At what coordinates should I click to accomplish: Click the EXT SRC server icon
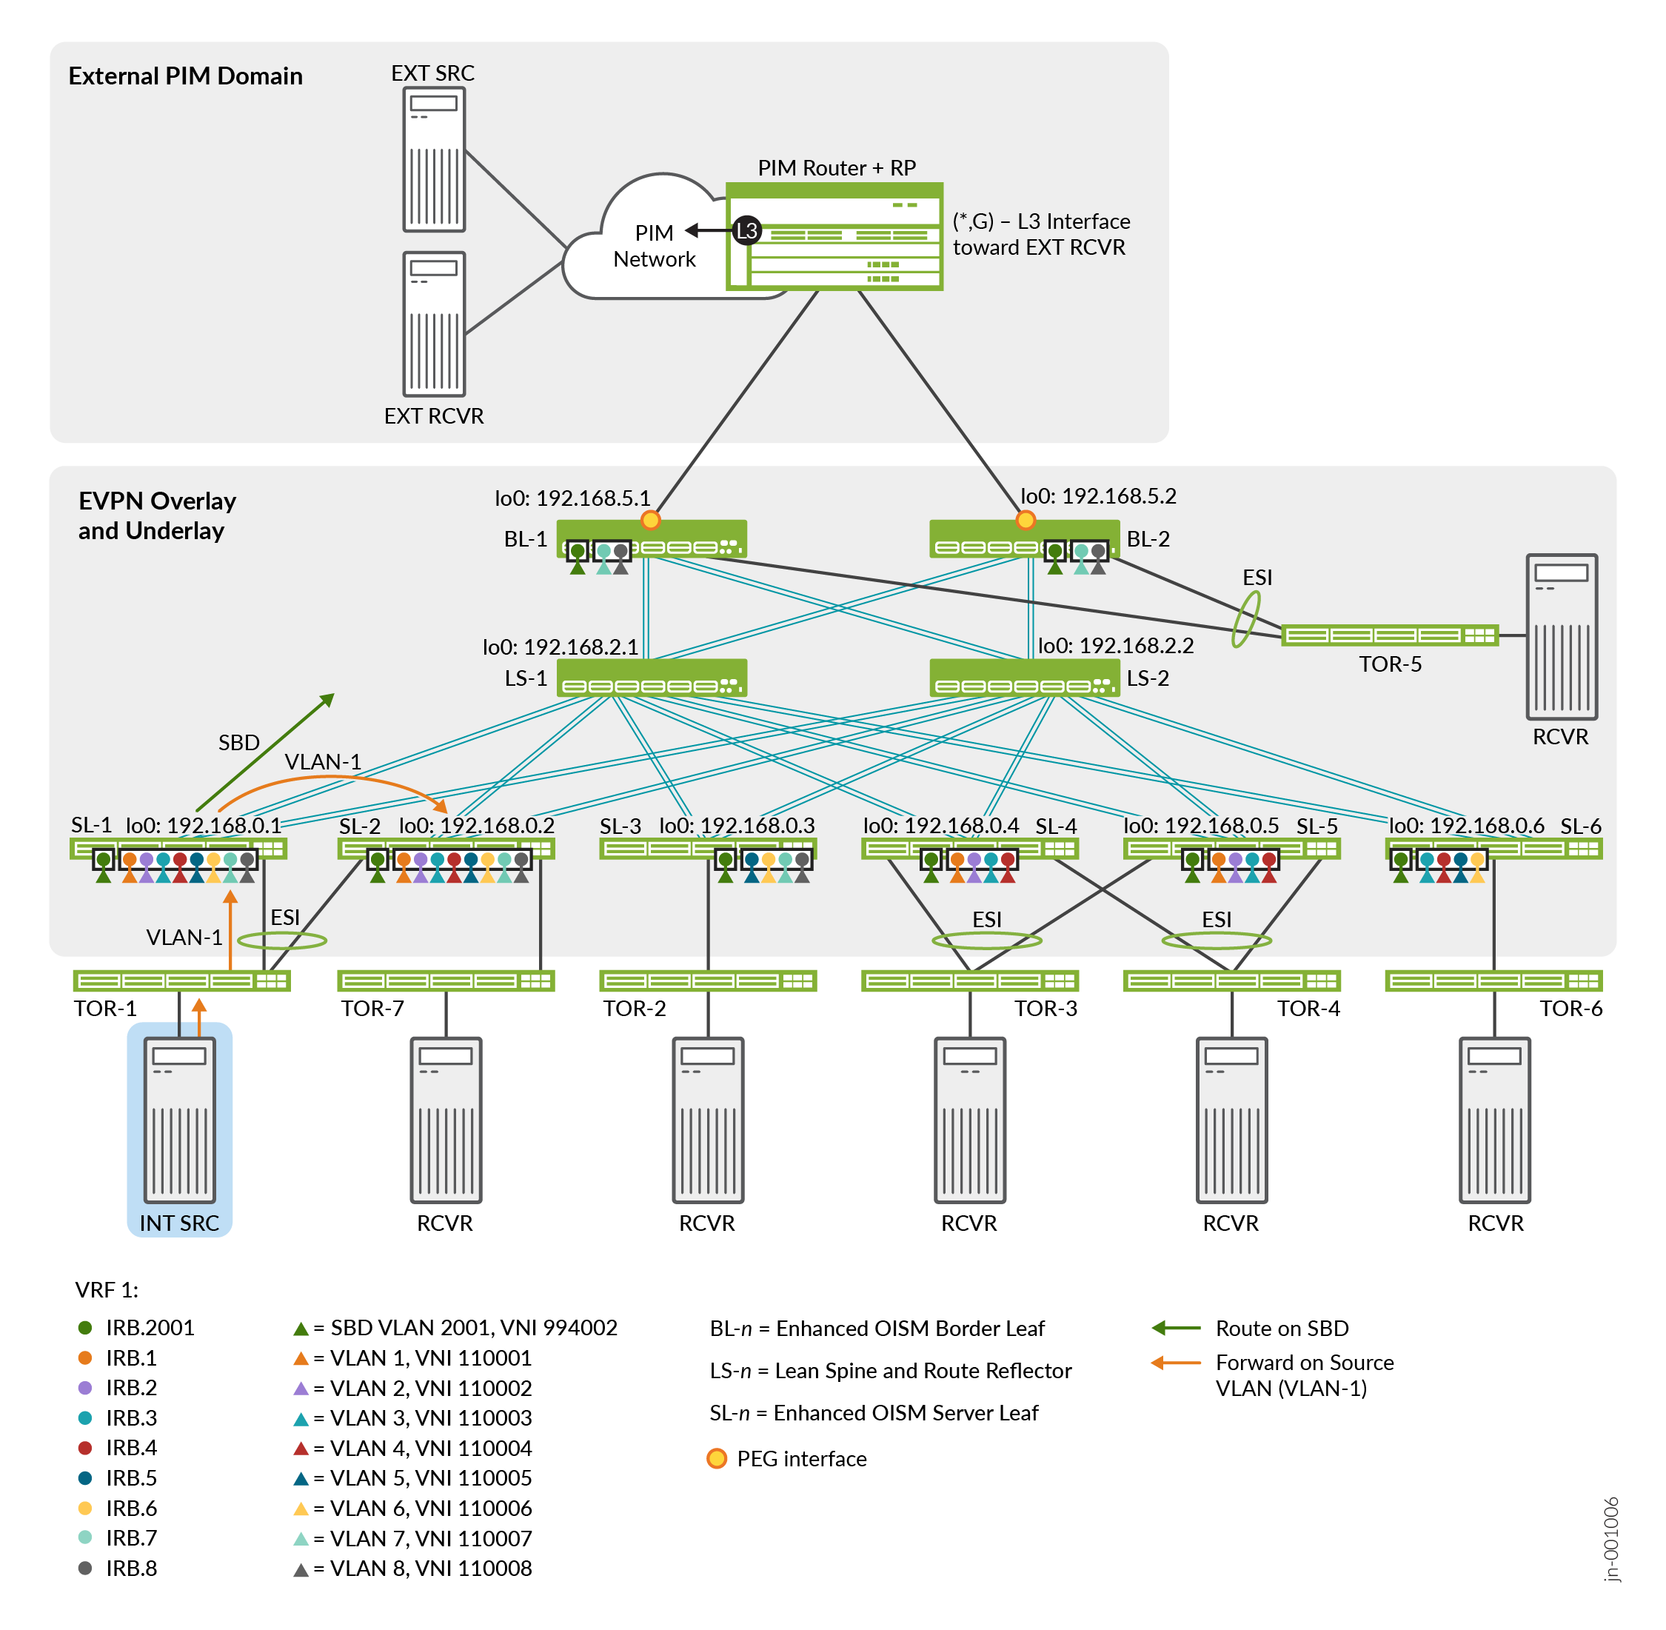[x=434, y=159]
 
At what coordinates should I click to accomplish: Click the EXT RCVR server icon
[x=434, y=324]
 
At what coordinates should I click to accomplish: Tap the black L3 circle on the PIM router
[x=746, y=230]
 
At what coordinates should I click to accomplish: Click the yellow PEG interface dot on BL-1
[x=651, y=520]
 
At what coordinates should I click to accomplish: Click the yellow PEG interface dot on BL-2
[x=1025, y=520]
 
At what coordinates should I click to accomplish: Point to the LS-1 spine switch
[x=652, y=678]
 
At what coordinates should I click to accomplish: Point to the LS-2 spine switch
[x=1024, y=678]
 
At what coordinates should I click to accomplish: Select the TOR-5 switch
[x=1388, y=635]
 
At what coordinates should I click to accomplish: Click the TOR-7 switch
[x=446, y=981]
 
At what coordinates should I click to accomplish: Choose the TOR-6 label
[x=1570, y=1009]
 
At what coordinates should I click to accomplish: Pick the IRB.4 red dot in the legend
[x=84, y=1448]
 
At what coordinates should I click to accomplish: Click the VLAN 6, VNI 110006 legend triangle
[x=301, y=1509]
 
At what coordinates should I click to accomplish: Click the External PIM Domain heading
[x=185, y=76]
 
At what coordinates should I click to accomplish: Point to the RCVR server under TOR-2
[x=707, y=1120]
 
